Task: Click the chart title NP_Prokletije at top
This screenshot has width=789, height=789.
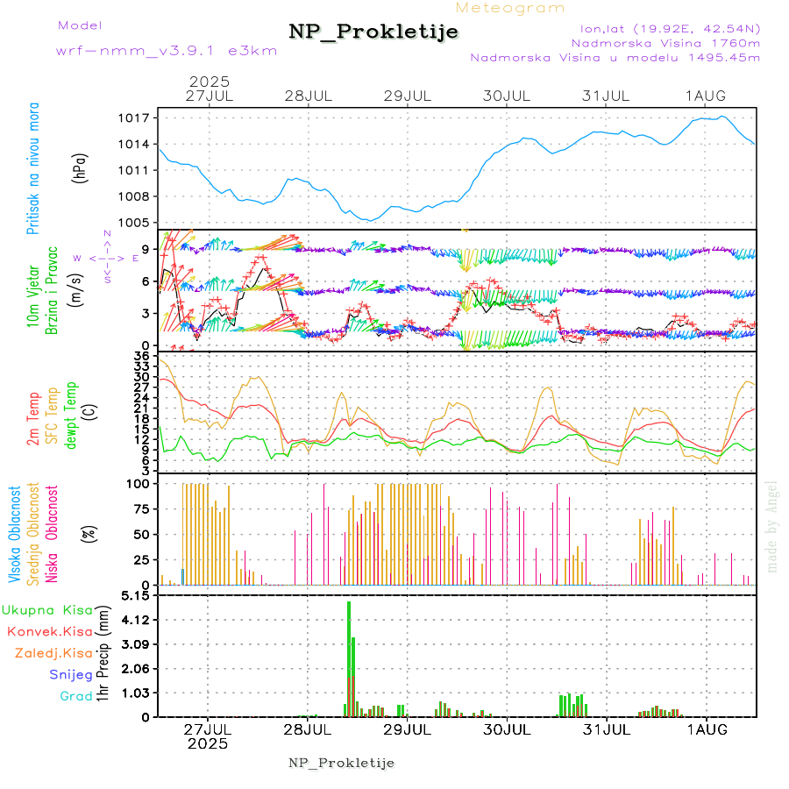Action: [x=373, y=32]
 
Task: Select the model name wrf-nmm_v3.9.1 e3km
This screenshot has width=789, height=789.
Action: [x=167, y=50]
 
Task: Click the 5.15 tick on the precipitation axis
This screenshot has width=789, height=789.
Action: [x=139, y=595]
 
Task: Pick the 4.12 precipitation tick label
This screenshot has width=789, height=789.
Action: [x=139, y=620]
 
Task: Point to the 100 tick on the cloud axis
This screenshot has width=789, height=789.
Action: [x=141, y=483]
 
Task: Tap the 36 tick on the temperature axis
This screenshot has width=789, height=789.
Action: [x=140, y=356]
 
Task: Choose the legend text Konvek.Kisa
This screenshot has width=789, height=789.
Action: [x=49, y=631]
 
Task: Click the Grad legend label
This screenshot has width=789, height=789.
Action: [x=75, y=696]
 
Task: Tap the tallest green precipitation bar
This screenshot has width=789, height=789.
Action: [x=349, y=657]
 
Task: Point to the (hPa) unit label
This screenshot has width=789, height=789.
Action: [x=80, y=167]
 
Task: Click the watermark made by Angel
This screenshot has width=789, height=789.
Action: [x=772, y=526]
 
